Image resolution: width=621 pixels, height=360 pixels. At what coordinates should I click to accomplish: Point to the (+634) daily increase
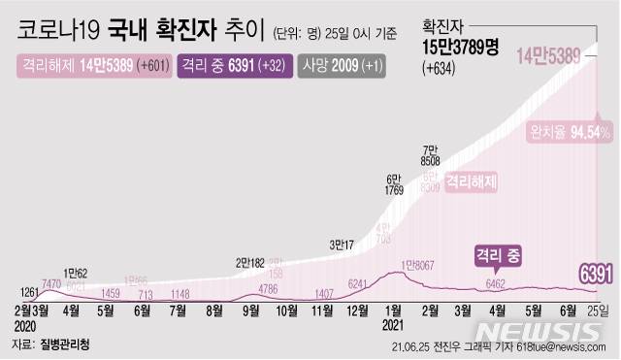442,68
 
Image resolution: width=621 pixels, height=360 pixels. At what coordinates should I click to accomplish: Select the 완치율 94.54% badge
570,132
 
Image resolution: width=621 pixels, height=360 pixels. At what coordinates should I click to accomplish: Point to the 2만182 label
250,262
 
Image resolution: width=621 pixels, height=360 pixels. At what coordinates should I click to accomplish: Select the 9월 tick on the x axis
250,310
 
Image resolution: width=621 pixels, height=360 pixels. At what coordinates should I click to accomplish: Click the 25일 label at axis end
599,310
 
